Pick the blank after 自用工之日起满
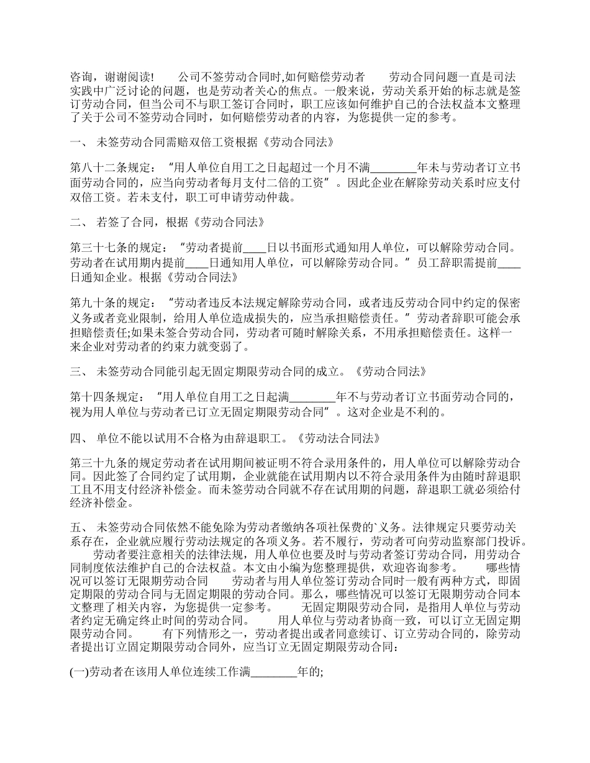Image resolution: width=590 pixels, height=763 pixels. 312,396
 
